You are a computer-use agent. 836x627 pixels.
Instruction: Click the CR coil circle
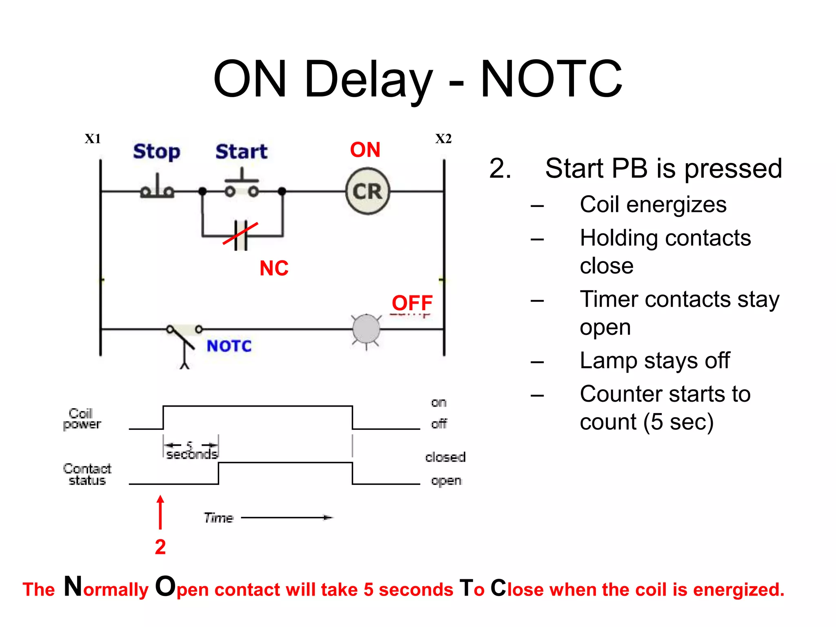coord(367,191)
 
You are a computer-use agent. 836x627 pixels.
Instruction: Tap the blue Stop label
coord(156,151)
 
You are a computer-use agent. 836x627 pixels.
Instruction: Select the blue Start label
coord(241,151)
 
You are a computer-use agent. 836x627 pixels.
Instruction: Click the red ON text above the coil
coord(365,150)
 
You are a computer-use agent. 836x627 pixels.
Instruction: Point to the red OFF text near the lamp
coord(412,303)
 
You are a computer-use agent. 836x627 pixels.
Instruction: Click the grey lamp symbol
coord(366,329)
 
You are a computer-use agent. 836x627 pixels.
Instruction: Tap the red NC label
coord(274,268)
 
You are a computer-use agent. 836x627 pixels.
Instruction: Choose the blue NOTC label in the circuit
coord(229,346)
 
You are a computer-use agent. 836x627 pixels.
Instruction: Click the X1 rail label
coord(93,139)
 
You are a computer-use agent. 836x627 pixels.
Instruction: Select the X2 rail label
coord(443,139)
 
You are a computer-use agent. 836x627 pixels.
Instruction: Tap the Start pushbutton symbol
coord(242,186)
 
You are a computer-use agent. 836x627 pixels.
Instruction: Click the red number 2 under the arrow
coord(160,547)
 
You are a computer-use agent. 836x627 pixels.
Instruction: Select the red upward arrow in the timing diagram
coord(160,512)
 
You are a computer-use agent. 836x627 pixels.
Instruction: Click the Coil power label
coord(82,419)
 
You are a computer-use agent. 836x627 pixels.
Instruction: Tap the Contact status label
coord(87,474)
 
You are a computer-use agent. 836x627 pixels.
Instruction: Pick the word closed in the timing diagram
coord(445,457)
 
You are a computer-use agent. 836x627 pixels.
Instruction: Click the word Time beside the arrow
coord(218,518)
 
